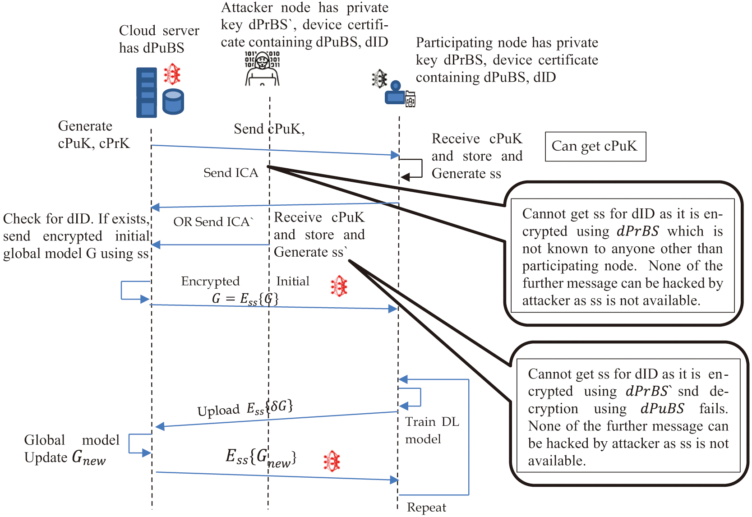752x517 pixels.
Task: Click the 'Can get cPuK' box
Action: point(595,147)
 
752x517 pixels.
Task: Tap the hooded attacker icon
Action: point(262,69)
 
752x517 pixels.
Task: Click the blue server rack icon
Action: point(147,92)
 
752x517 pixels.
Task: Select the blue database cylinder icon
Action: point(173,102)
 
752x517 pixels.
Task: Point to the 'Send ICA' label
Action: point(231,173)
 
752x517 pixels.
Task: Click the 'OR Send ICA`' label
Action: point(213,222)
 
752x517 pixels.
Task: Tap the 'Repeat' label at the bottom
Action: point(426,508)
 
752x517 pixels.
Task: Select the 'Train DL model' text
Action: point(432,430)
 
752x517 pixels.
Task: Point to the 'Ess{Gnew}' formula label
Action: point(261,457)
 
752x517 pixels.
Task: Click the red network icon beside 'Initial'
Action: point(339,286)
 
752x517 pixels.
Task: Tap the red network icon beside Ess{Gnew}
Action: point(332,461)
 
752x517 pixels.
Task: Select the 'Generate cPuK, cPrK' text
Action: point(93,134)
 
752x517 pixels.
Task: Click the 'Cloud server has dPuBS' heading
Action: point(159,39)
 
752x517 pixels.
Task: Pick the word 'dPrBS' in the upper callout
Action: point(637,231)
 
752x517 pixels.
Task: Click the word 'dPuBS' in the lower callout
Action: point(662,409)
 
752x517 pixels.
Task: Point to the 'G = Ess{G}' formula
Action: point(245,299)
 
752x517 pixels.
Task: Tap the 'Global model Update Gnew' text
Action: point(72,449)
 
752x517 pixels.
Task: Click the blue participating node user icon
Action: point(395,93)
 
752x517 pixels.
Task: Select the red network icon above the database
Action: point(172,74)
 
